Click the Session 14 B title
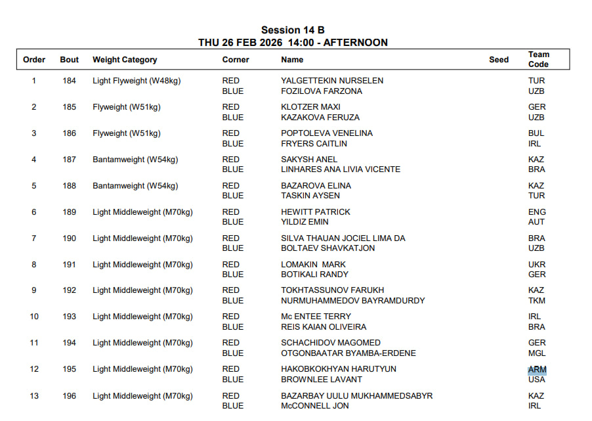[x=293, y=30]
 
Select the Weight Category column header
[x=125, y=60]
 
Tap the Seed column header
[x=499, y=60]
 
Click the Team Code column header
[x=538, y=59]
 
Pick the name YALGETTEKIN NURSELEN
[x=332, y=81]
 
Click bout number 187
[x=69, y=160]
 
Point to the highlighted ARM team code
[x=537, y=370]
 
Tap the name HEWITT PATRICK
[x=316, y=212]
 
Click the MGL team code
[x=537, y=353]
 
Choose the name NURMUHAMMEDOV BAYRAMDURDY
[x=352, y=301]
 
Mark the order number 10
[x=34, y=317]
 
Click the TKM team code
[x=537, y=301]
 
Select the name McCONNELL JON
[x=315, y=406]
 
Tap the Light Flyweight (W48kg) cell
[x=137, y=81]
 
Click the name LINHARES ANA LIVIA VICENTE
[x=341, y=169]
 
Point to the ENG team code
[x=537, y=212]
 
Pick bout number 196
[x=69, y=396]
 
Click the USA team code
[x=537, y=380]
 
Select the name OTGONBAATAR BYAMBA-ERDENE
[x=349, y=353]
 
